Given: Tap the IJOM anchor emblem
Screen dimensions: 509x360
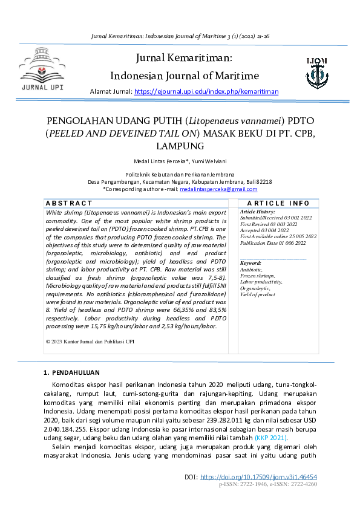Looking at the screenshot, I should [x=317, y=72].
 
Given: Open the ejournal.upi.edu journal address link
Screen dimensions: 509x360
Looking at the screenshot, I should [x=206, y=92].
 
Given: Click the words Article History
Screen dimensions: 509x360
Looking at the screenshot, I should [x=258, y=212].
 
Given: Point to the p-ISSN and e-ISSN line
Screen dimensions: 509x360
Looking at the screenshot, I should [x=268, y=485].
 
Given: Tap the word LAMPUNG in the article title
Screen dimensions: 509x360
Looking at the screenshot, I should [x=180, y=146].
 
